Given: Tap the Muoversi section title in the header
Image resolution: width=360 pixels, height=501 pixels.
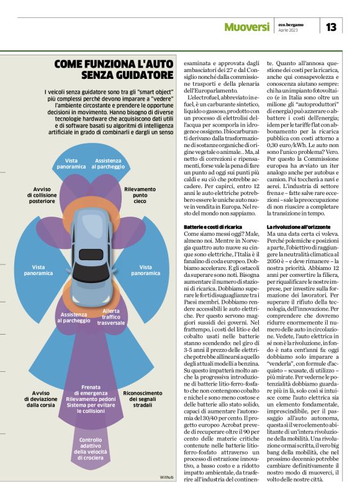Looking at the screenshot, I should (247, 27).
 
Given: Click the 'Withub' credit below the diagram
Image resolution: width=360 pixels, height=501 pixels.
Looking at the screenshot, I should (166, 477).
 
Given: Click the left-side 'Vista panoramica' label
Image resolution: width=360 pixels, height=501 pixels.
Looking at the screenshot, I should (38, 270).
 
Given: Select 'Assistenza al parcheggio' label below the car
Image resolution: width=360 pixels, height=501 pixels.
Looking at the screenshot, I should (74, 318).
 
